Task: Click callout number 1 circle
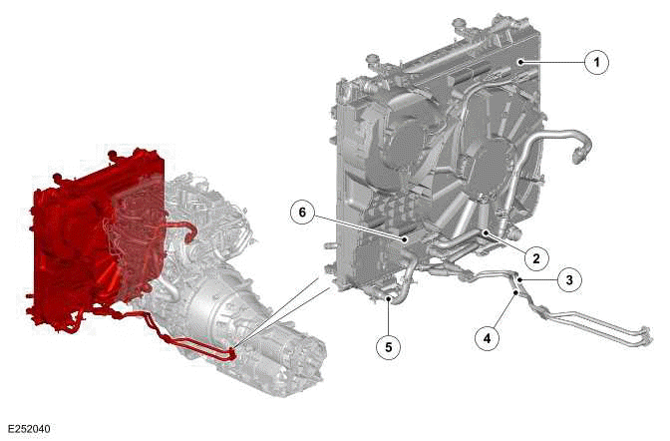(x=596, y=63)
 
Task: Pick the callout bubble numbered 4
(x=487, y=338)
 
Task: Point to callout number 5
(x=388, y=346)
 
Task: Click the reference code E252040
(x=28, y=429)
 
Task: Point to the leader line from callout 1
(x=553, y=63)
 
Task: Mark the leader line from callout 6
(x=359, y=226)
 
